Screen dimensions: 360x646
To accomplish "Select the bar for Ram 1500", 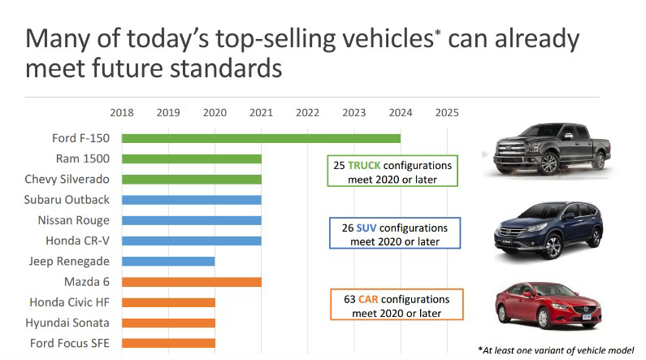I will (x=192, y=158).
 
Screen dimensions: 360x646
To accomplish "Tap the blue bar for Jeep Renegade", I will (x=168, y=262).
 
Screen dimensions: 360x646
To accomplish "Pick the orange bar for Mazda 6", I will (x=192, y=282).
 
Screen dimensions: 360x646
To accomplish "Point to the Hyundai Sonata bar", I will (x=168, y=323).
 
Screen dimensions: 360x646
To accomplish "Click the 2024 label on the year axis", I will (x=401, y=113).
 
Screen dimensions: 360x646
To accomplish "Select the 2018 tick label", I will (x=122, y=113).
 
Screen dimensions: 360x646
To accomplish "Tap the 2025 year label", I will (x=447, y=113).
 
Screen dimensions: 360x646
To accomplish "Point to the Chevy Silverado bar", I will (x=192, y=179).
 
